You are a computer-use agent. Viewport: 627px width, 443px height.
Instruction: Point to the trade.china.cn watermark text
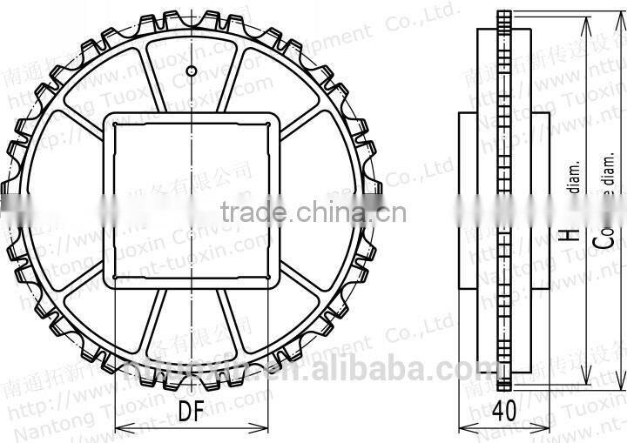coord(313,211)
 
